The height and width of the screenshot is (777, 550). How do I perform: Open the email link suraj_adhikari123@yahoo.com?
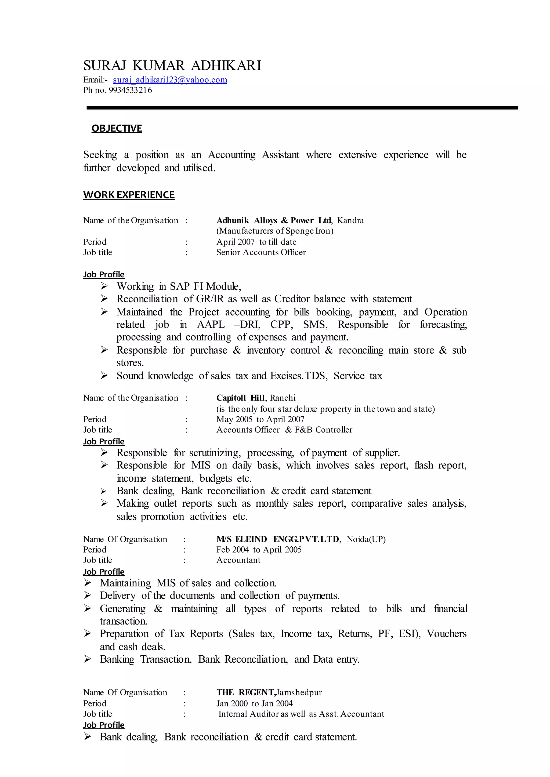coord(170,80)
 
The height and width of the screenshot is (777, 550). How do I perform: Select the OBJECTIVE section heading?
coord(117,128)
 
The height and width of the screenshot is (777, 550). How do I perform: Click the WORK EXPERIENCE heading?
coord(129,195)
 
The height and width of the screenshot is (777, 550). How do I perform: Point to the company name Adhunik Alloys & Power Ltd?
coord(274,220)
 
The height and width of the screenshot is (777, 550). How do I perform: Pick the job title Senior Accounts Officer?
coord(261,252)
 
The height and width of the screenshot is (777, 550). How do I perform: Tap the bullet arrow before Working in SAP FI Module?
coord(104,286)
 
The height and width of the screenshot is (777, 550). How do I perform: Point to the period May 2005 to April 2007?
coord(260,419)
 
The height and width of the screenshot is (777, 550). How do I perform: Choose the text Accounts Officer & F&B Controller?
coord(284,430)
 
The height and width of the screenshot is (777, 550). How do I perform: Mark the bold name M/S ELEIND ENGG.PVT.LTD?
coord(278,539)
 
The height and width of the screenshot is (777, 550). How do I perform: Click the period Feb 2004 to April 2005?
coord(259,550)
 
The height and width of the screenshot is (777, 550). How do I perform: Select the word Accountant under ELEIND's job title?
coord(238,560)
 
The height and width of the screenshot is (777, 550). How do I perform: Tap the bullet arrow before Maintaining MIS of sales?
coord(87,583)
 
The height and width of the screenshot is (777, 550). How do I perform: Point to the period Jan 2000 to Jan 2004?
coord(254,703)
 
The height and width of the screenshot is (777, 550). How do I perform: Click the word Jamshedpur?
coord(299,692)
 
